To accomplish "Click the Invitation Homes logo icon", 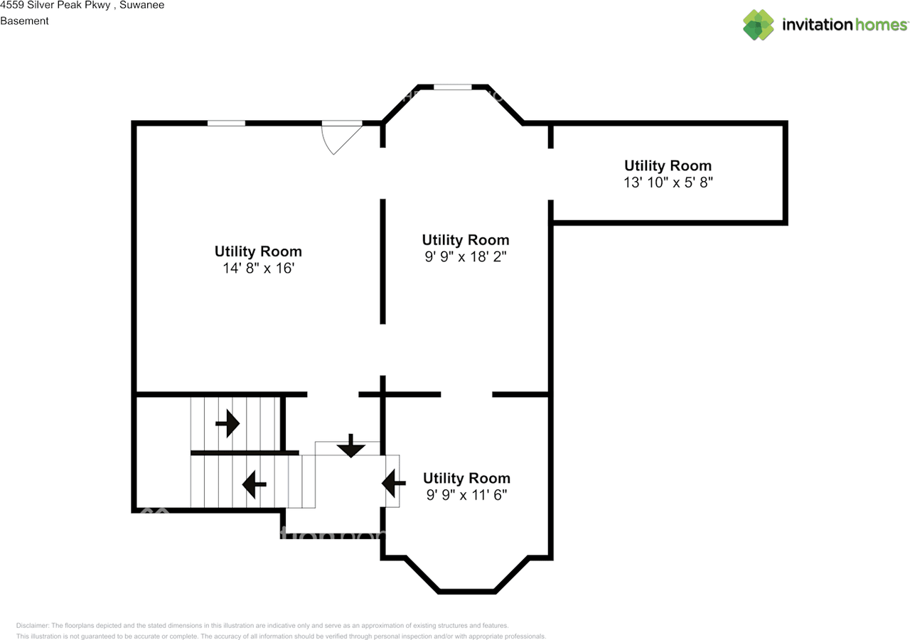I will point(758,25).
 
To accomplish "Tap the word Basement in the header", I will point(24,21).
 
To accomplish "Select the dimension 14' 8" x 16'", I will point(258,269).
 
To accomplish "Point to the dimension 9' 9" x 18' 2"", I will point(465,257).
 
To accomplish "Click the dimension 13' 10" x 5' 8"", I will point(668,183).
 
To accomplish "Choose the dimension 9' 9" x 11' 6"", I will point(466,495).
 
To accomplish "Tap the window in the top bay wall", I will point(453,87).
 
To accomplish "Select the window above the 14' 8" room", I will point(226,123).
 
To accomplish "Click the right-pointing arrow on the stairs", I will point(227,423).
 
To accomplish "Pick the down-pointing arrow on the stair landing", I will point(350,446).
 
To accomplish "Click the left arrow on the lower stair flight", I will point(254,485).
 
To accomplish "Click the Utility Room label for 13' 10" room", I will point(668,166).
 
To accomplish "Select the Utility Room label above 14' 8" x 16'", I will point(258,251).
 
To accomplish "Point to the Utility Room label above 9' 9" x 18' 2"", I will point(465,240).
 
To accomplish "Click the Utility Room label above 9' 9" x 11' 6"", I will point(466,478).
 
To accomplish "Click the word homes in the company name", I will point(881,25).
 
